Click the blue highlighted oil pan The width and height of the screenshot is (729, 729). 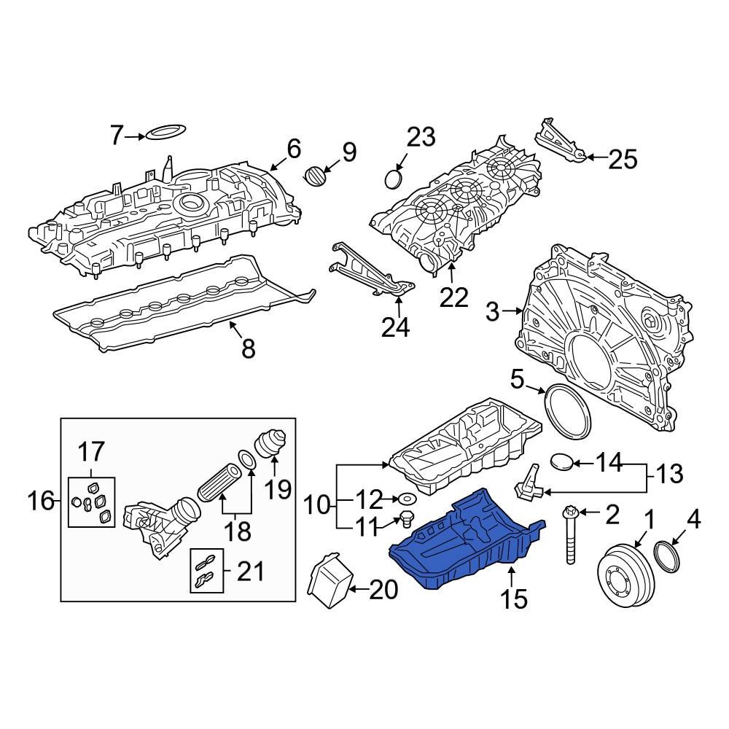(467, 539)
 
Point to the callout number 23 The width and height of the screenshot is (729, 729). (421, 137)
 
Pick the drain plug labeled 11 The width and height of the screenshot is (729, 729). (405, 521)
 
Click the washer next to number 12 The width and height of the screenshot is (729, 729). (405, 499)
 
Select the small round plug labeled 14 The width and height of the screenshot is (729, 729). (563, 461)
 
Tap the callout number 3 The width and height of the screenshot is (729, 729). (493, 312)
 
